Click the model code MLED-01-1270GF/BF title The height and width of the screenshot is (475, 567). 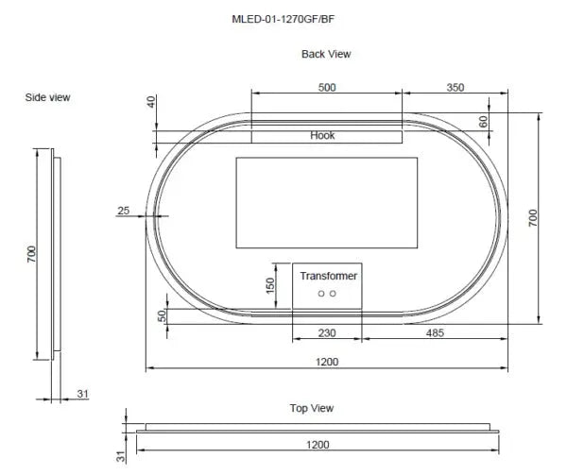pos(283,17)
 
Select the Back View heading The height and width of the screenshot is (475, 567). pos(326,54)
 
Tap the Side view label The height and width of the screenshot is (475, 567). pos(47,97)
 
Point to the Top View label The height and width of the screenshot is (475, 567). pos(311,408)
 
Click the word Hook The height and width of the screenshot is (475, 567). pos(322,136)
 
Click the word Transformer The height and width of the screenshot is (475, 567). pos(328,277)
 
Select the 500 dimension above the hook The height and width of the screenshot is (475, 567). pos(326,88)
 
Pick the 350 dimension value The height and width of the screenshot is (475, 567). pos(455,88)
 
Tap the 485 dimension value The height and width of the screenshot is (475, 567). pos(436,331)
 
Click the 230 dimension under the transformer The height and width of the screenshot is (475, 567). pos(326,331)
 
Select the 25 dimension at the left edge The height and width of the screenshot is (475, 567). pos(123,211)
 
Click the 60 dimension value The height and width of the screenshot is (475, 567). pos(484,122)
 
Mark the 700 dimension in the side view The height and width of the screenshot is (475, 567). pos(31,253)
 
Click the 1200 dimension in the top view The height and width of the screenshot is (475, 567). pos(318,444)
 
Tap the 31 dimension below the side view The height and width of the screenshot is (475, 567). pos(82,394)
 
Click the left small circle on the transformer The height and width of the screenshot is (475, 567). pos(321,295)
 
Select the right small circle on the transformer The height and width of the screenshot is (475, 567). pos(333,295)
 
